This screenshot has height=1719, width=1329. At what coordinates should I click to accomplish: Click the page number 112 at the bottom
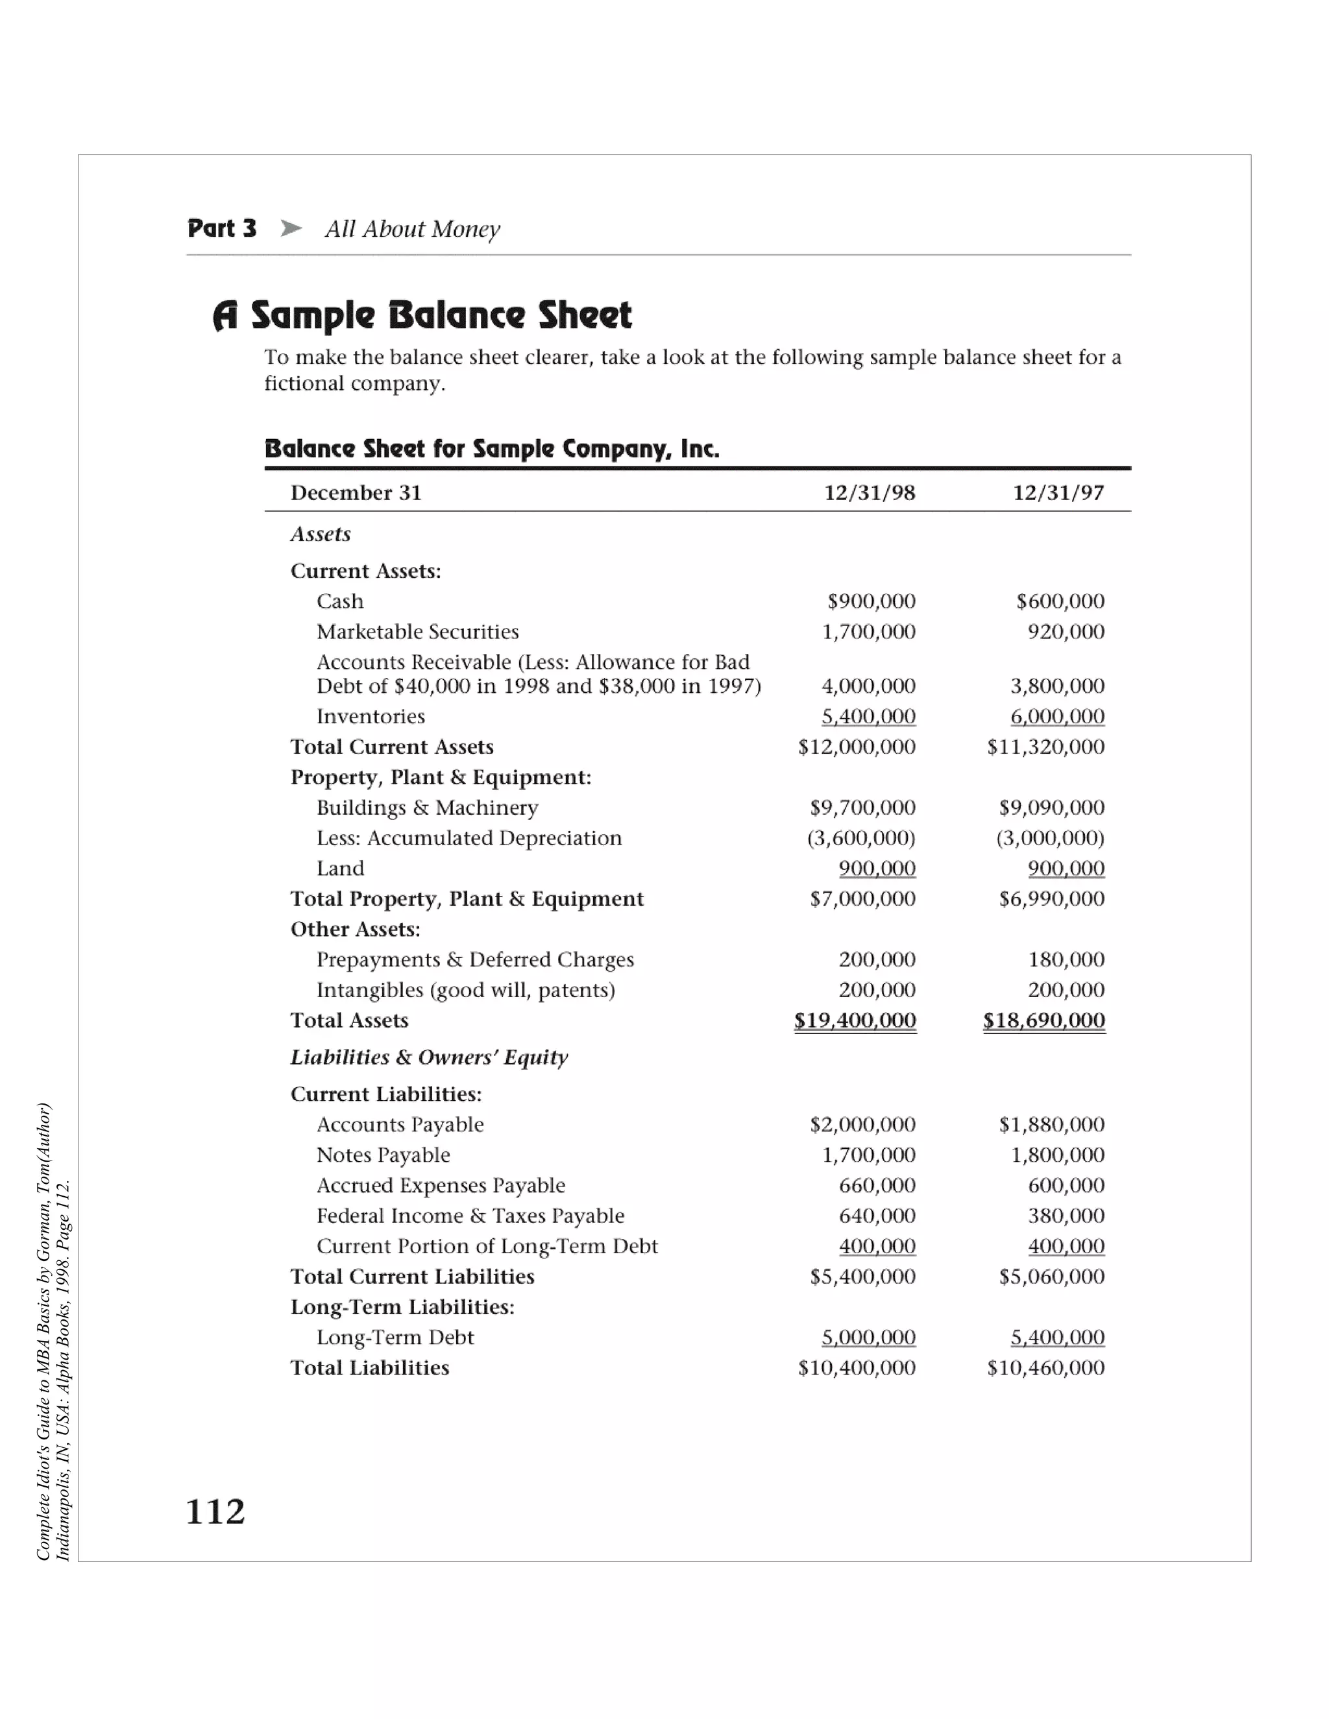pos(215,1512)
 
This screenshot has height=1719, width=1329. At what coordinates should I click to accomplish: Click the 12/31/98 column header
pos(869,493)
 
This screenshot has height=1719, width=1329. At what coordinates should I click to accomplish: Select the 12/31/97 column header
pos(1058,493)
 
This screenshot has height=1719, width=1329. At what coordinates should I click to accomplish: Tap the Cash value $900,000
pos(871,601)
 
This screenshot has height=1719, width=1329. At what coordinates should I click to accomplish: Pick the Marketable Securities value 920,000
pos(1066,632)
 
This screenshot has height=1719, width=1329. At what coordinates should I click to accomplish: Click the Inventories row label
pos(370,716)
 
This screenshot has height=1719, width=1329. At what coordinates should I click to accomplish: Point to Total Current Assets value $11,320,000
pos(1045,747)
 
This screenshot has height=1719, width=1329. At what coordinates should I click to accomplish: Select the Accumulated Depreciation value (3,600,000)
pos(861,838)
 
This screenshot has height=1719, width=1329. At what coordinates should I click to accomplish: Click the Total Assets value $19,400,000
pos(855,1021)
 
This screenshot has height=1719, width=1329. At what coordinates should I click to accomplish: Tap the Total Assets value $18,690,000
pos(1044,1021)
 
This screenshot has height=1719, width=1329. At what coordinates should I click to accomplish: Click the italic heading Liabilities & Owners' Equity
pos(429,1057)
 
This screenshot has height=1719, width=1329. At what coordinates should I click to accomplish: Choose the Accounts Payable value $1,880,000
pos(1052,1125)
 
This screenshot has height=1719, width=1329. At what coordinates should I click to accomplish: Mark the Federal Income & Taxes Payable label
pos(470,1216)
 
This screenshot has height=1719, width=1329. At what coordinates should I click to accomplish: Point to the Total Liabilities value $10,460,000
pos(1045,1368)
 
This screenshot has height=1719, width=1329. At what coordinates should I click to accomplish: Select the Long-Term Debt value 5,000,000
pos(868,1338)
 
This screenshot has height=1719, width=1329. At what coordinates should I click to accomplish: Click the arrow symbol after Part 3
pos(291,228)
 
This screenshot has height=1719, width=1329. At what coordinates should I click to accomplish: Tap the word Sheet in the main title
pos(584,316)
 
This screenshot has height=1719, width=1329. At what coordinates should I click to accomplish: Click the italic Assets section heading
pos(321,535)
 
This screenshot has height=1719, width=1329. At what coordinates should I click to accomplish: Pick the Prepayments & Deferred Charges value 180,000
pos(1066,959)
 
